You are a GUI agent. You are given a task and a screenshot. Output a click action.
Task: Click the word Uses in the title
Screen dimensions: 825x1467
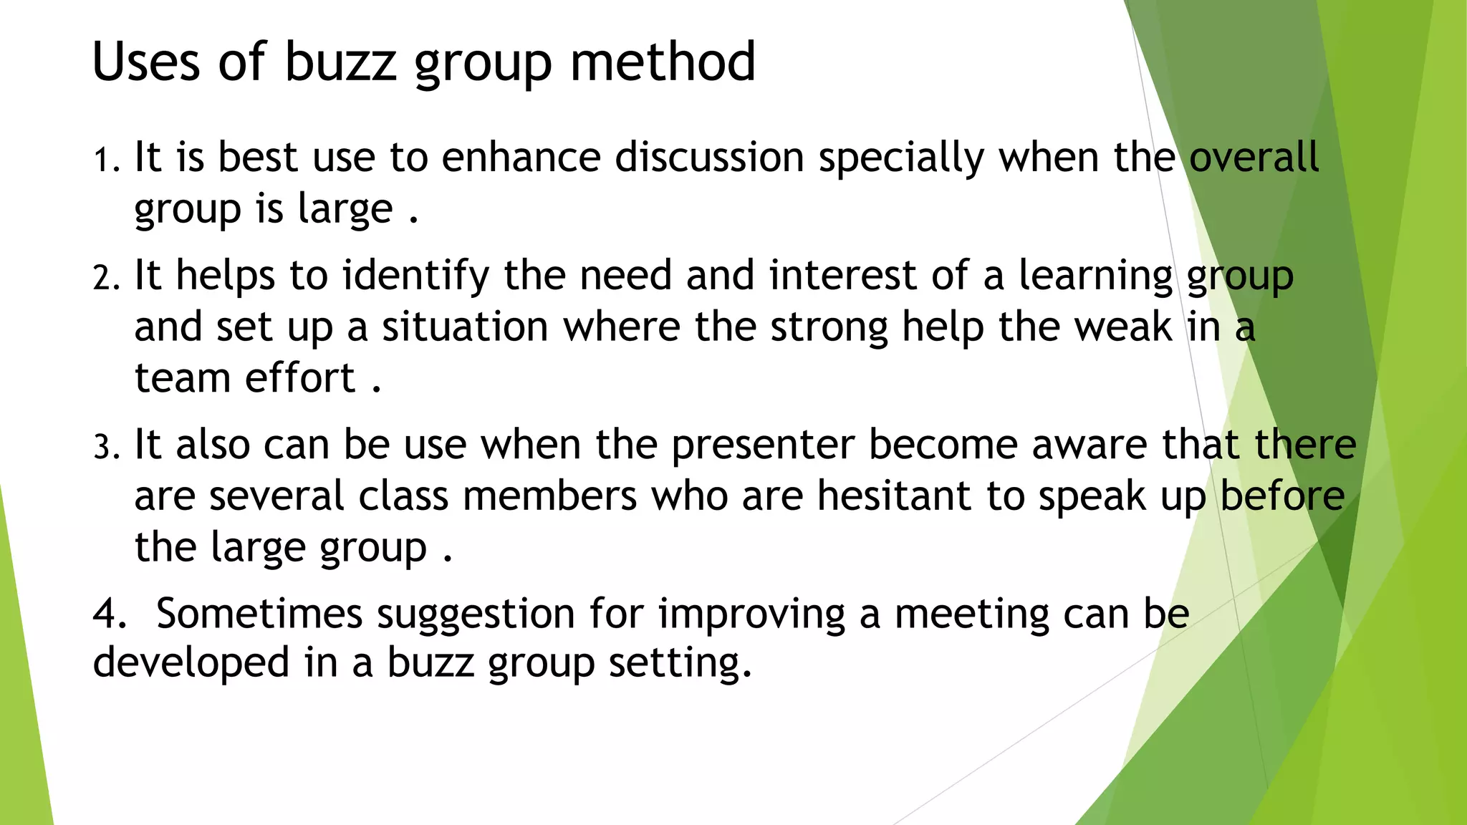click(146, 62)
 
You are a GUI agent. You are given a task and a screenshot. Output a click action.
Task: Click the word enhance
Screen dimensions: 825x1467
click(521, 158)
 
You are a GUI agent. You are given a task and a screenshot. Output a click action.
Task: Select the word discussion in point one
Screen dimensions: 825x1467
click(709, 158)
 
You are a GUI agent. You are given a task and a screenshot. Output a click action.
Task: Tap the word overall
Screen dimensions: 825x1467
click(1254, 158)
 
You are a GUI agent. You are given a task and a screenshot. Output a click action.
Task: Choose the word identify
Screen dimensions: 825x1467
click(415, 276)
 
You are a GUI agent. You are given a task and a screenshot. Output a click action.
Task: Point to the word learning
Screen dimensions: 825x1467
click(1095, 276)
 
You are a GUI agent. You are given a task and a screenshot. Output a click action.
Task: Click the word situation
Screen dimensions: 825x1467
click(465, 327)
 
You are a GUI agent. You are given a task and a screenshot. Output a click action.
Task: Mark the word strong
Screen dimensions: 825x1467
click(828, 327)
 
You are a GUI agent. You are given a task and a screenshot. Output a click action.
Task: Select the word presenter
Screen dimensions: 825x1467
click(763, 445)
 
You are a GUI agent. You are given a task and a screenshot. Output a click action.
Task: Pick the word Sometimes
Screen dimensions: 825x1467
click(259, 614)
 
